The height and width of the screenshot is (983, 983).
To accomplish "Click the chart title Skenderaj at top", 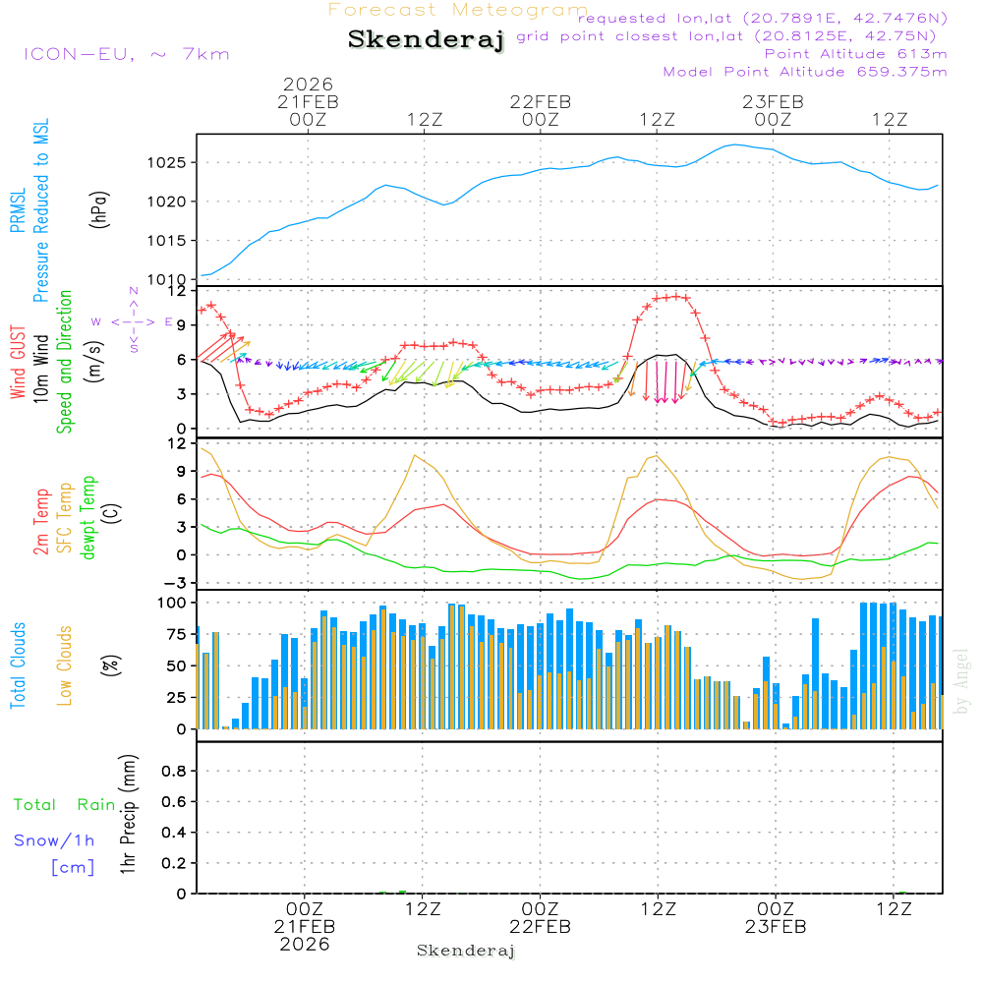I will [x=426, y=40].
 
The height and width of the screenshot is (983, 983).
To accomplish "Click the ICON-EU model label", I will [x=126, y=54].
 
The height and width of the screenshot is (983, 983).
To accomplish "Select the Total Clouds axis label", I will [x=19, y=665].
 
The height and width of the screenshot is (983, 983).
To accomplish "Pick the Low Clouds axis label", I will [x=65, y=665].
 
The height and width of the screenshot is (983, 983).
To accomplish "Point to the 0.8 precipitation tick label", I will [x=172, y=772].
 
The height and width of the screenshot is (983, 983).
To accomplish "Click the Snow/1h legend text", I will [x=55, y=841].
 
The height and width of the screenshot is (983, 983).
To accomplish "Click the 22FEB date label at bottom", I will [x=540, y=927].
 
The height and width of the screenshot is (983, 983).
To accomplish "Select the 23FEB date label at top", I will [x=773, y=101].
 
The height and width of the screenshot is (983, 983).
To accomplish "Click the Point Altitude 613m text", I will [x=855, y=54].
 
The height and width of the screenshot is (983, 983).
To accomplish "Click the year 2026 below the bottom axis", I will [x=305, y=945].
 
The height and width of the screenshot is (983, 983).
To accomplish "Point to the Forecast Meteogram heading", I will [x=458, y=10].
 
